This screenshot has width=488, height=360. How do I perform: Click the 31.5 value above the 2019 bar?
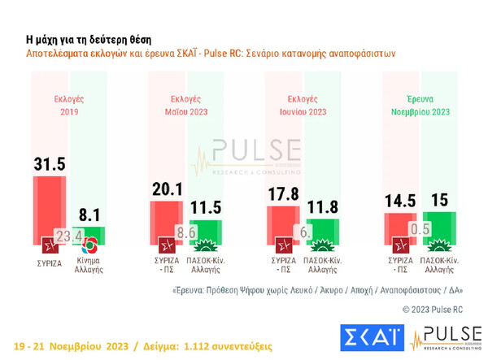tap(49, 164)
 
